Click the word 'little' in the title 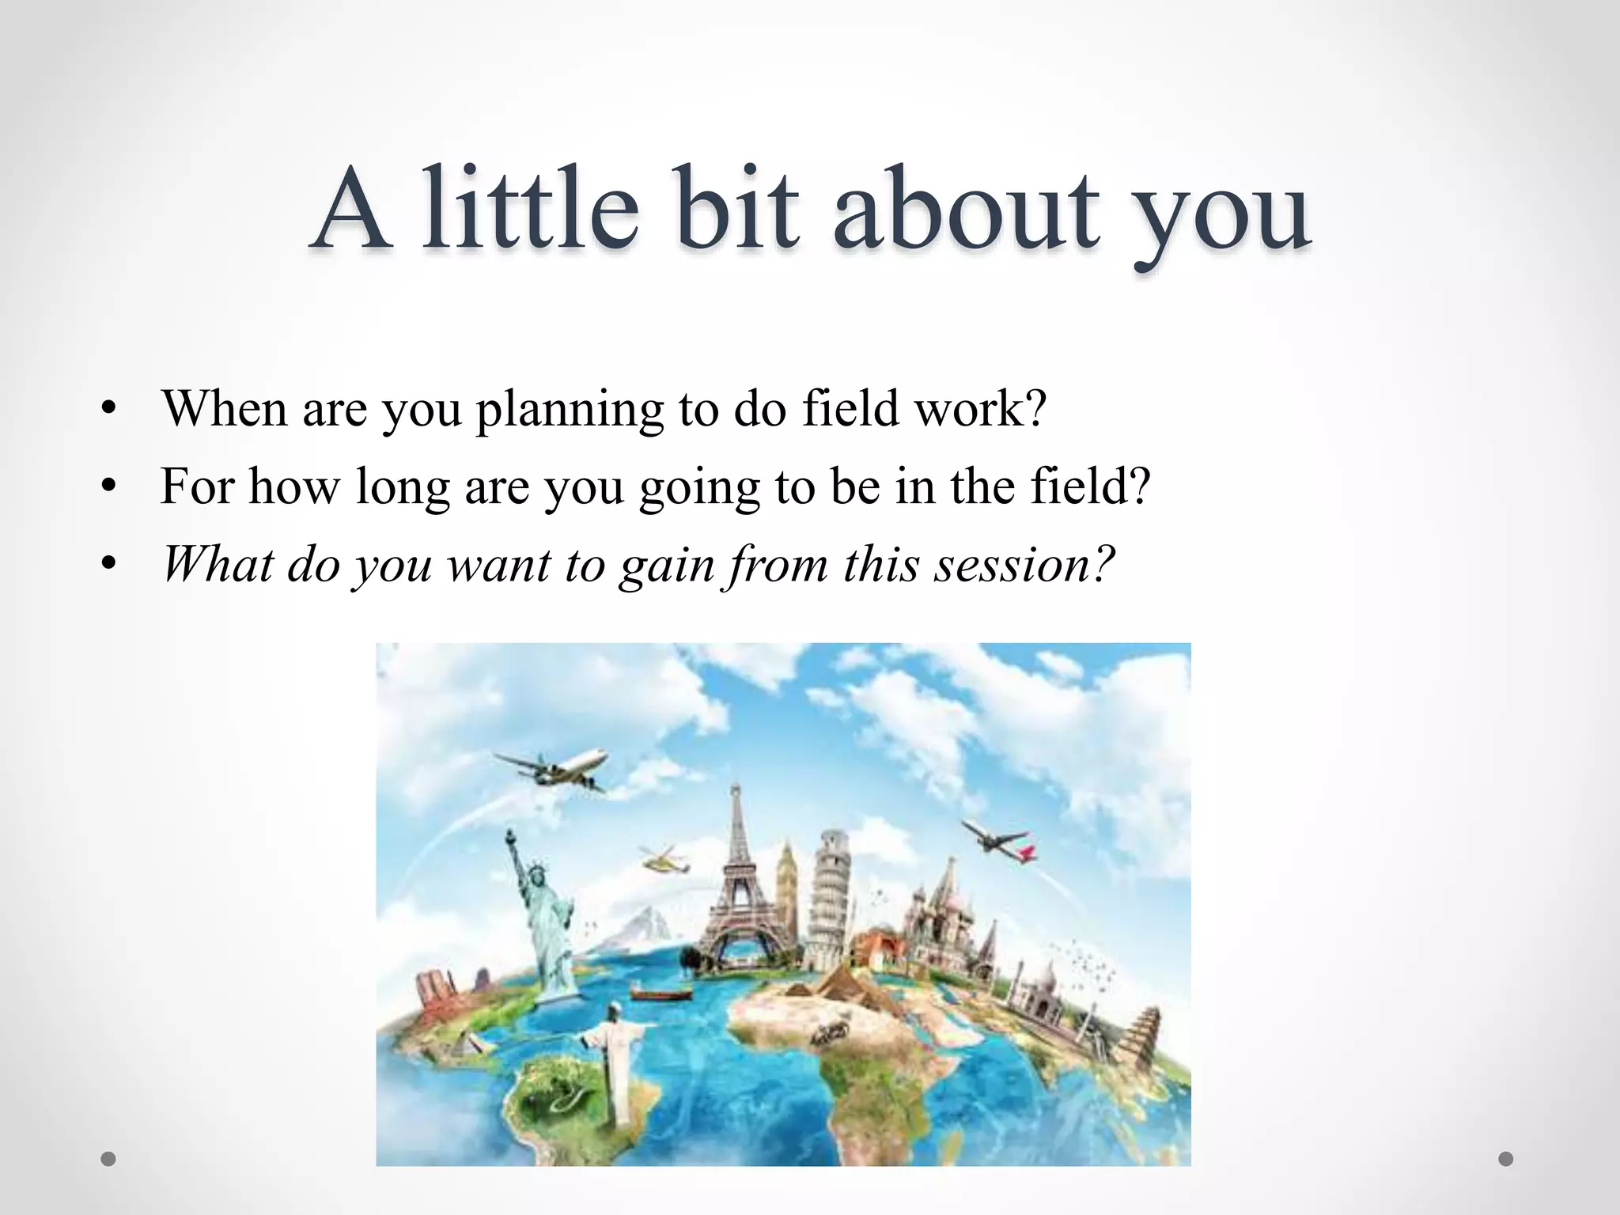coord(530,210)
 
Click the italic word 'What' coord(218,565)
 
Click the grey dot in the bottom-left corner coord(108,1159)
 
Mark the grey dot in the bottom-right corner coord(1506,1159)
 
